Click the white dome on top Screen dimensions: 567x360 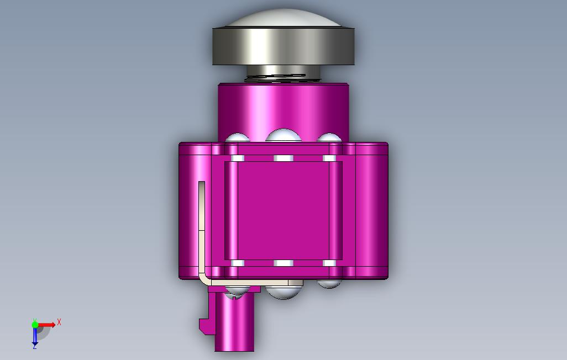tap(283, 18)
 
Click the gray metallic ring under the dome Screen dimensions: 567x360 tap(283, 46)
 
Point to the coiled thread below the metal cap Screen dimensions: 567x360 tap(283, 78)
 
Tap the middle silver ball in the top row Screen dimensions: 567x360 tap(283, 135)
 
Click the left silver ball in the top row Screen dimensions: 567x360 tap(237, 138)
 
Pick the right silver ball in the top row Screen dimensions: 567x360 tap(329, 137)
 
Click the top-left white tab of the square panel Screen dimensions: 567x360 tap(237, 158)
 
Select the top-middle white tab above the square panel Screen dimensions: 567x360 tap(283, 158)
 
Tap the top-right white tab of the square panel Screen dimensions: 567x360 tap(329, 158)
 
